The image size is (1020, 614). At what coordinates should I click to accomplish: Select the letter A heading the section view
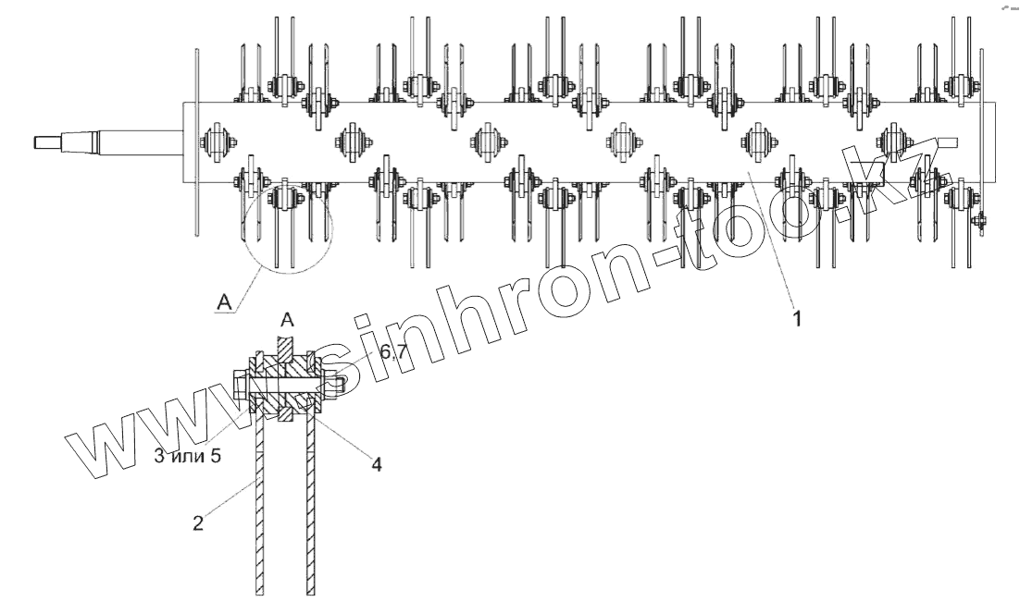point(287,321)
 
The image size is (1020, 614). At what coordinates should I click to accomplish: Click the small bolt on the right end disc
point(980,220)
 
